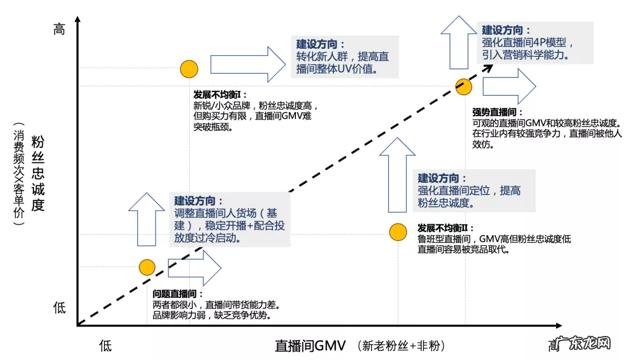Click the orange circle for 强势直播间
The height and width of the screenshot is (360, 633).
[464, 87]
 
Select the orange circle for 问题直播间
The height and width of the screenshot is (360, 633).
[147, 267]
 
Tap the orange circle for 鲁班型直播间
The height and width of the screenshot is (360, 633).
[398, 232]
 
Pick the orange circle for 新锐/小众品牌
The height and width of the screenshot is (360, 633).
[189, 69]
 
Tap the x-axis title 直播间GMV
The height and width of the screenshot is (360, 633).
[311, 345]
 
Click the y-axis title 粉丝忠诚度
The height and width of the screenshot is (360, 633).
[38, 174]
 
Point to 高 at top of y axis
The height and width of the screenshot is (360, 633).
[59, 29]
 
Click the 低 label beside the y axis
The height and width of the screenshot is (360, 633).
[59, 308]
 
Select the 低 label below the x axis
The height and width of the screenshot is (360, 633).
[105, 345]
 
